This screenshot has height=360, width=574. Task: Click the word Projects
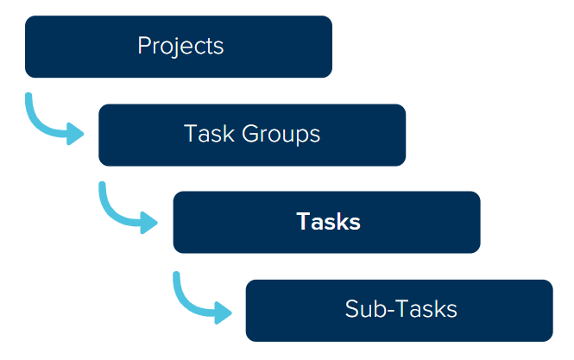click(180, 46)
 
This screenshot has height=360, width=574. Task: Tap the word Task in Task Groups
click(205, 135)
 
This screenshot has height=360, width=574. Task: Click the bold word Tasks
click(328, 222)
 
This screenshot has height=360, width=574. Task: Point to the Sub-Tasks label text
click(401, 309)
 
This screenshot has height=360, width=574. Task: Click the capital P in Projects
click(143, 46)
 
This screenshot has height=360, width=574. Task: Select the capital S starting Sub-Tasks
click(351, 309)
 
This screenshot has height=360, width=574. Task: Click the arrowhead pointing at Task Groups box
click(75, 134)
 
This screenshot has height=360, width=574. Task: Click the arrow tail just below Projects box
click(29, 98)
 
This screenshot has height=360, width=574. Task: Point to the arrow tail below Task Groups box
click(103, 186)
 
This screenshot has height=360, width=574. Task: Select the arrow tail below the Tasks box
click(176, 277)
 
